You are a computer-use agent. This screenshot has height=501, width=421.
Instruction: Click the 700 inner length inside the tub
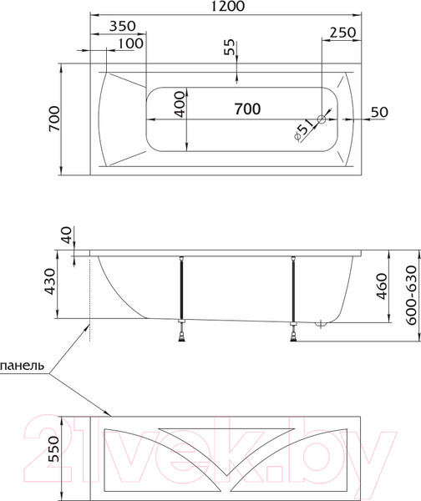click(246, 108)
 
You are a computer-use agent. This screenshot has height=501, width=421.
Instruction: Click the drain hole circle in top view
click(322, 119)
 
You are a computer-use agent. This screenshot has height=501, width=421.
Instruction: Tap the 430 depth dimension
click(50, 284)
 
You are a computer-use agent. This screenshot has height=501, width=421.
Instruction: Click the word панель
click(23, 365)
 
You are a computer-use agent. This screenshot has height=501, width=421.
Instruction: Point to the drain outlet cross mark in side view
click(322, 326)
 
